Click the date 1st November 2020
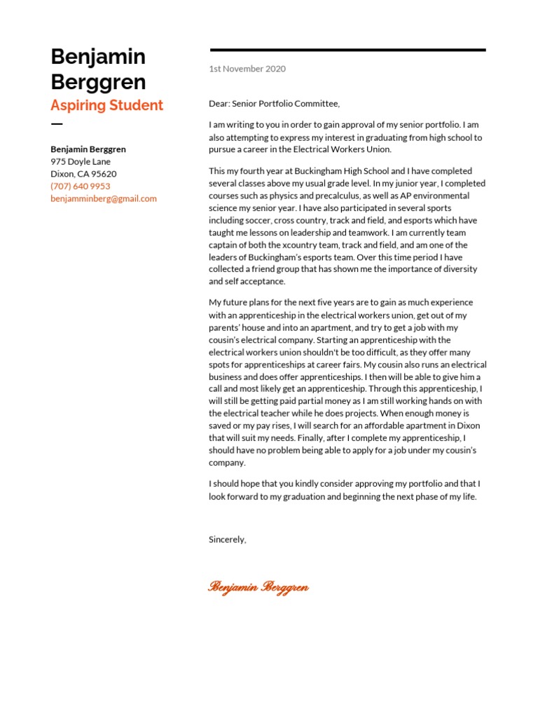pyautogui.click(x=247, y=69)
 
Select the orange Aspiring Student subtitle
pyautogui.click(x=106, y=105)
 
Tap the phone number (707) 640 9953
pyautogui.click(x=80, y=186)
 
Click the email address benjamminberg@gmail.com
pyautogui.click(x=104, y=198)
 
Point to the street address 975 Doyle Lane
pyautogui.click(x=80, y=161)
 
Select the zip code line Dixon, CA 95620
pyautogui.click(x=83, y=174)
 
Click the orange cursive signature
pyautogui.click(x=258, y=587)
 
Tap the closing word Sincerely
pyautogui.click(x=227, y=539)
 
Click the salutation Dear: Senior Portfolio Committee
pyautogui.click(x=274, y=104)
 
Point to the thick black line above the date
pyautogui.click(x=347, y=50)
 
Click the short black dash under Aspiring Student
pyautogui.click(x=57, y=124)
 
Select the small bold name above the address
pyautogui.click(x=88, y=149)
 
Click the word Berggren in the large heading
pyautogui.click(x=98, y=82)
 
